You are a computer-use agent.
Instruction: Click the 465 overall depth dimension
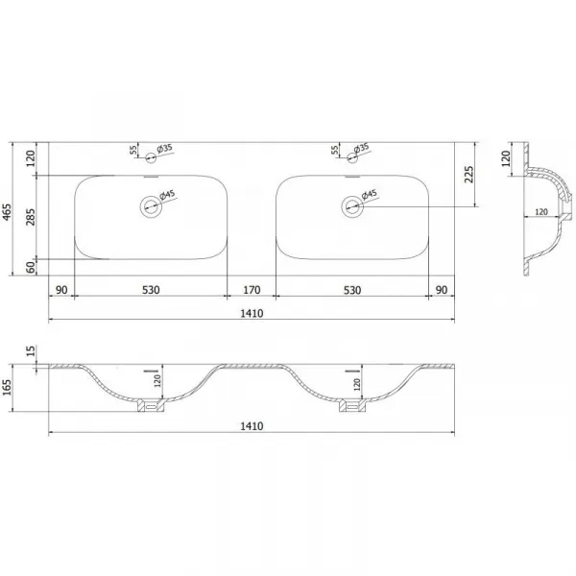tap(7, 212)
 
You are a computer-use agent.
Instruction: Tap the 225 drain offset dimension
tap(468, 175)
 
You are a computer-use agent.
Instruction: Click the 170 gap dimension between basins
tap(252, 290)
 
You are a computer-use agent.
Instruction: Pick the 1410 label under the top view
tap(252, 313)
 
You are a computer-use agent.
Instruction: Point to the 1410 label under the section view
tap(252, 426)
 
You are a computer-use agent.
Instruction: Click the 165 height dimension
tap(7, 388)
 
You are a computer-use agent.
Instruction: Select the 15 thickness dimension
tap(32, 350)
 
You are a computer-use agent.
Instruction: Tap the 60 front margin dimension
tap(32, 267)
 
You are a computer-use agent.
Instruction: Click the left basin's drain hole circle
tap(151, 206)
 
